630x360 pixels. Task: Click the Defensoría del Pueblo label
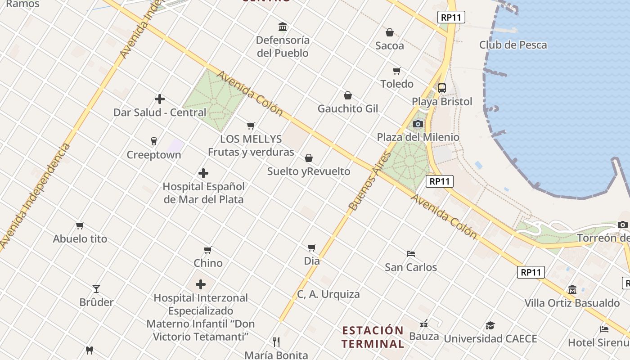[x=283, y=46]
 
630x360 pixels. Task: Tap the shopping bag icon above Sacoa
[x=390, y=32]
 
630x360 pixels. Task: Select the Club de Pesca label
[x=513, y=45]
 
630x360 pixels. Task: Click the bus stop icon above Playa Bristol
[x=442, y=88]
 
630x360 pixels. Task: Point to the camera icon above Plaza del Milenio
[x=418, y=124]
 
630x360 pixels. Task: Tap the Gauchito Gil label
[x=348, y=108]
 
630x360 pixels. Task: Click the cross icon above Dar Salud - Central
[x=160, y=99]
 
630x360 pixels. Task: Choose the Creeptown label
[x=154, y=155]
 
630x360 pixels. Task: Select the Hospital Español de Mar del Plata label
[x=203, y=193]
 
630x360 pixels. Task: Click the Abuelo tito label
[x=80, y=238]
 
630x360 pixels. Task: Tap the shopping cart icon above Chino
[x=208, y=250]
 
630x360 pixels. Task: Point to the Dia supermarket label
[x=312, y=261]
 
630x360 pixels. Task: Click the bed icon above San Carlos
[x=410, y=254]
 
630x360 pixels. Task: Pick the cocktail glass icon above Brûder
[x=96, y=288]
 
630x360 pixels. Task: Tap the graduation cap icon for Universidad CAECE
[x=490, y=325]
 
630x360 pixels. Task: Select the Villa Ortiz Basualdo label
[x=572, y=303]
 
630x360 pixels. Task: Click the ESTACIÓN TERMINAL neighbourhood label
[x=373, y=337]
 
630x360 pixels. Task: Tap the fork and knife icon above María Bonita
[x=276, y=342]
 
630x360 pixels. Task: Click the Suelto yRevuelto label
[x=309, y=171]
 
